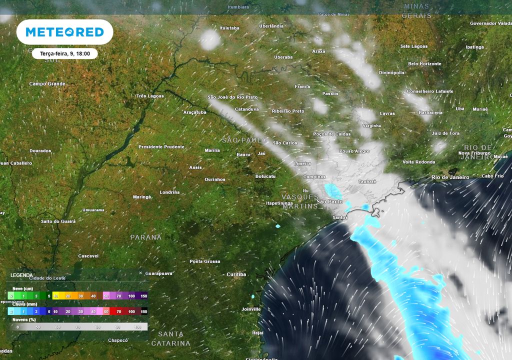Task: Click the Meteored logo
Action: coord(64,32)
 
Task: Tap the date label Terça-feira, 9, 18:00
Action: coord(64,53)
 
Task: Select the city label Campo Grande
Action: coord(47,84)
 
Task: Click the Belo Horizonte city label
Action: coord(424,64)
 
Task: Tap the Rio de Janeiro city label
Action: coord(450,177)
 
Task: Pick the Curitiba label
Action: coord(236,274)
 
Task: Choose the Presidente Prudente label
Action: coord(161,147)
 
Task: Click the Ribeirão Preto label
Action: coord(288,111)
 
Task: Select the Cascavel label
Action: coord(88,256)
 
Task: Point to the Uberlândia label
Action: coord(271,26)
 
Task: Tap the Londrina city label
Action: coord(169,192)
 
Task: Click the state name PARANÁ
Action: coord(146,237)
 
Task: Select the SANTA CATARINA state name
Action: coord(171,338)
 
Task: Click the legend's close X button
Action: coord(140,273)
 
